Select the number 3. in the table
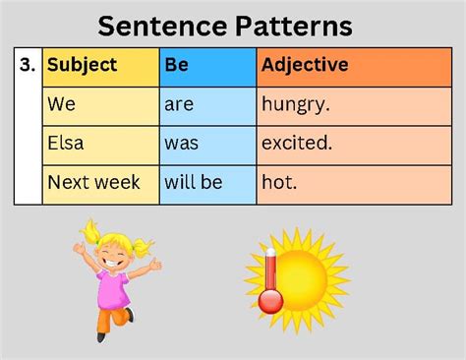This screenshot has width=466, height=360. (x=28, y=66)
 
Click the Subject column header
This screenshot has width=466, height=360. (x=83, y=66)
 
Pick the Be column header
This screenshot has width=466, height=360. (x=176, y=66)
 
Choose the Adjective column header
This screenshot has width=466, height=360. (x=305, y=66)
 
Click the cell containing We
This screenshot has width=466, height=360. (x=60, y=104)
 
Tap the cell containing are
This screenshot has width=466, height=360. (x=179, y=104)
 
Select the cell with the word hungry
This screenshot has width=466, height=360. (x=297, y=104)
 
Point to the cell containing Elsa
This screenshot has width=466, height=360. (x=66, y=144)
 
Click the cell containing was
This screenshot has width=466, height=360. (x=182, y=144)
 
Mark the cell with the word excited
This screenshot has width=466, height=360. (x=298, y=144)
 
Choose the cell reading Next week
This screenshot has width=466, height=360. (x=94, y=183)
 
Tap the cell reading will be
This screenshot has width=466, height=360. (x=194, y=183)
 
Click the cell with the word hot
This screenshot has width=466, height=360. (x=279, y=183)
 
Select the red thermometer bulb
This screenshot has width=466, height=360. (x=271, y=301)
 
